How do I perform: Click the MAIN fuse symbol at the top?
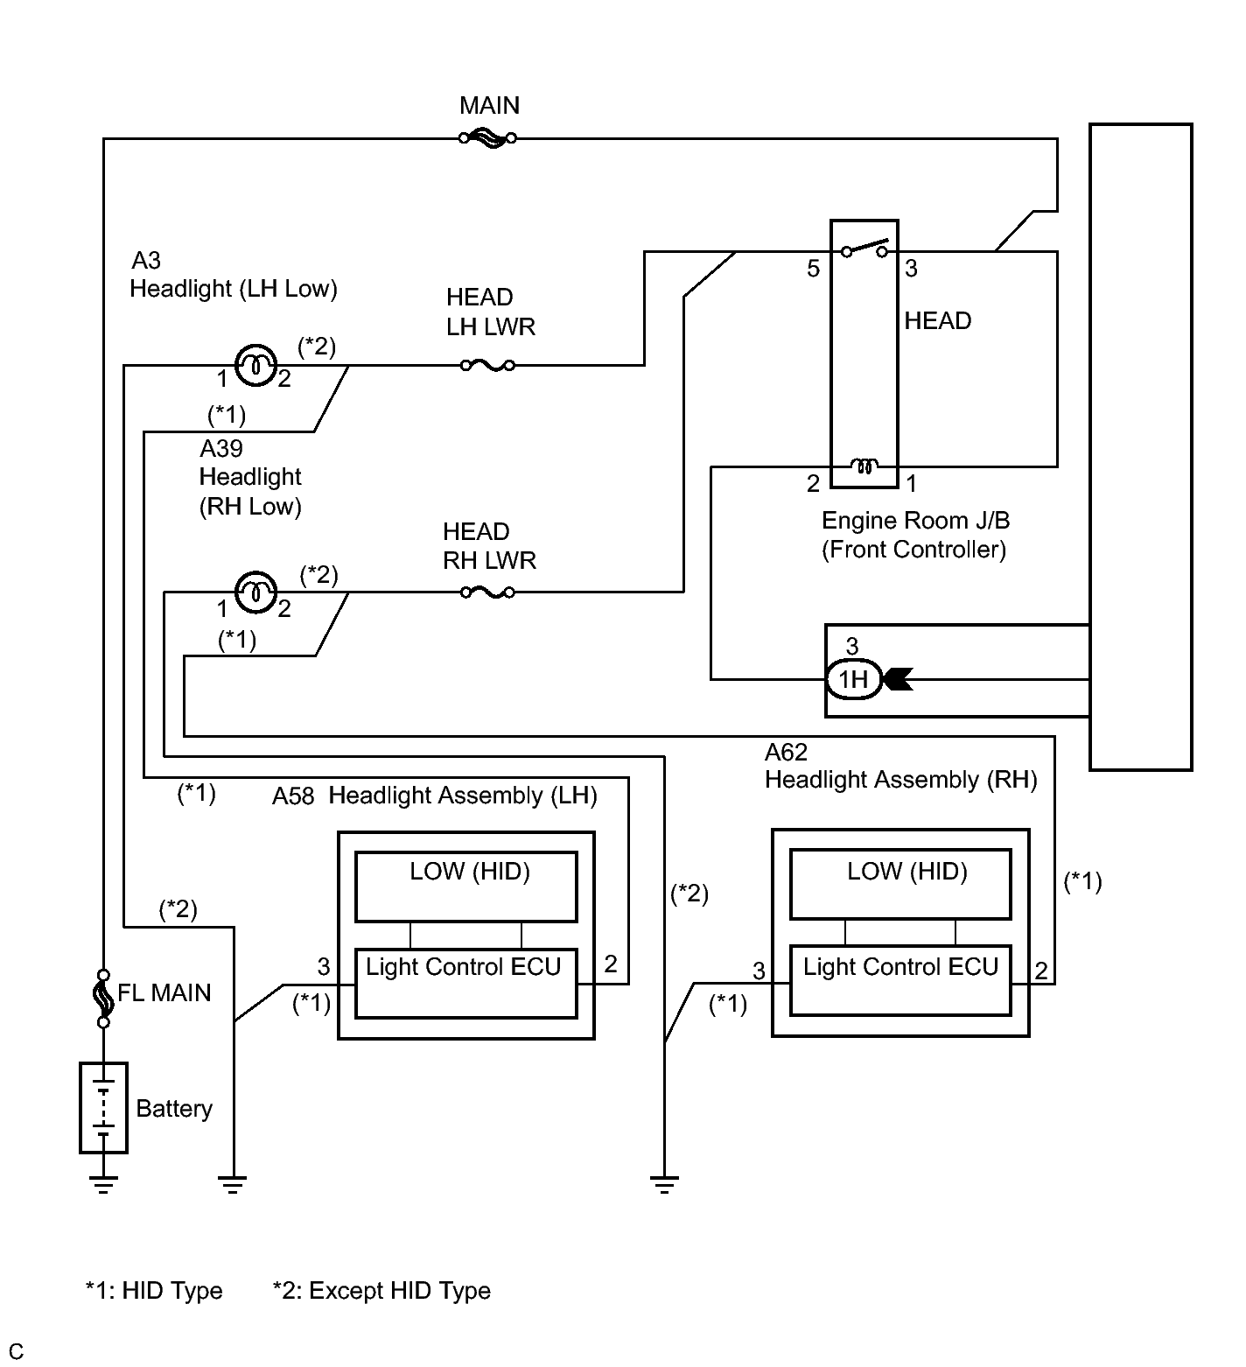coord(487,137)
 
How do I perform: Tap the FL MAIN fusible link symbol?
coord(103,998)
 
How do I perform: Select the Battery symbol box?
coord(103,1107)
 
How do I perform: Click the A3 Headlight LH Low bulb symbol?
coord(255,365)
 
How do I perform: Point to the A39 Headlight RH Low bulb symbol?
coord(255,592)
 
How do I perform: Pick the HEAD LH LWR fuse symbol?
coord(487,365)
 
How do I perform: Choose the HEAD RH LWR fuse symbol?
coord(487,592)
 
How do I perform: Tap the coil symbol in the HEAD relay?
coord(864,466)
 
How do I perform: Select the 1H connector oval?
coord(853,679)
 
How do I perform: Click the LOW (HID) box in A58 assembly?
coord(466,887)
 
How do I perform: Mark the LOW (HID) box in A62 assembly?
coord(900,884)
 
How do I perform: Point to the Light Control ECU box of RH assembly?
coord(900,980)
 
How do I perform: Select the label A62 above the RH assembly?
coord(786,752)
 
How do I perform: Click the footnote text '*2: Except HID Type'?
coord(381,1291)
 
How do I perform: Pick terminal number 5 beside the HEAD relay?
coord(814,269)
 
